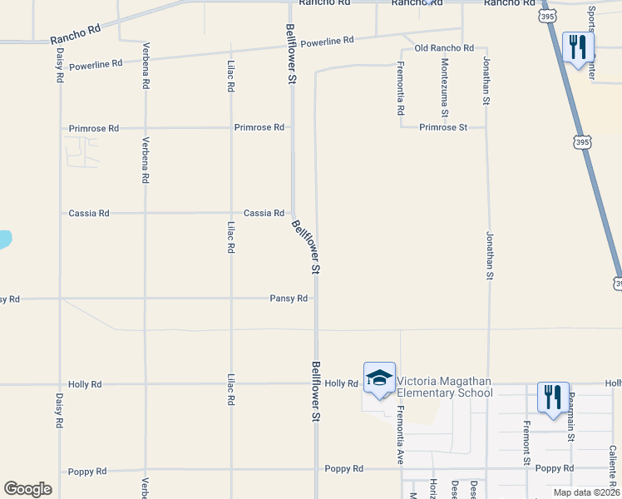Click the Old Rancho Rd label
444,48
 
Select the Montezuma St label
445,88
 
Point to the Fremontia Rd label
400,88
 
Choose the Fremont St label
526,442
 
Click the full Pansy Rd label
289,298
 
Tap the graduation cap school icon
379,378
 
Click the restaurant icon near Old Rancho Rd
578,47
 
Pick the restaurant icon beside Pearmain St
553,398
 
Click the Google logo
28,489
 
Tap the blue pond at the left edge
4,240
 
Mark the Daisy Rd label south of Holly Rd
59,409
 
